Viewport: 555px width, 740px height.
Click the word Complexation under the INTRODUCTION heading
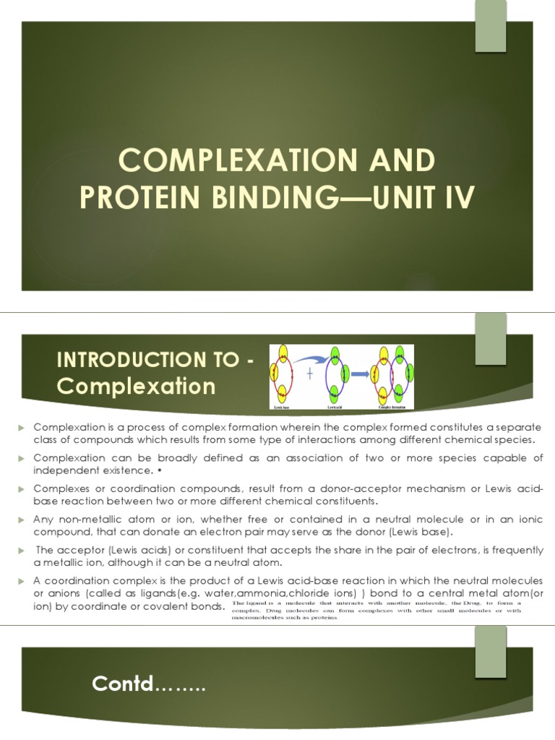coord(136,387)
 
